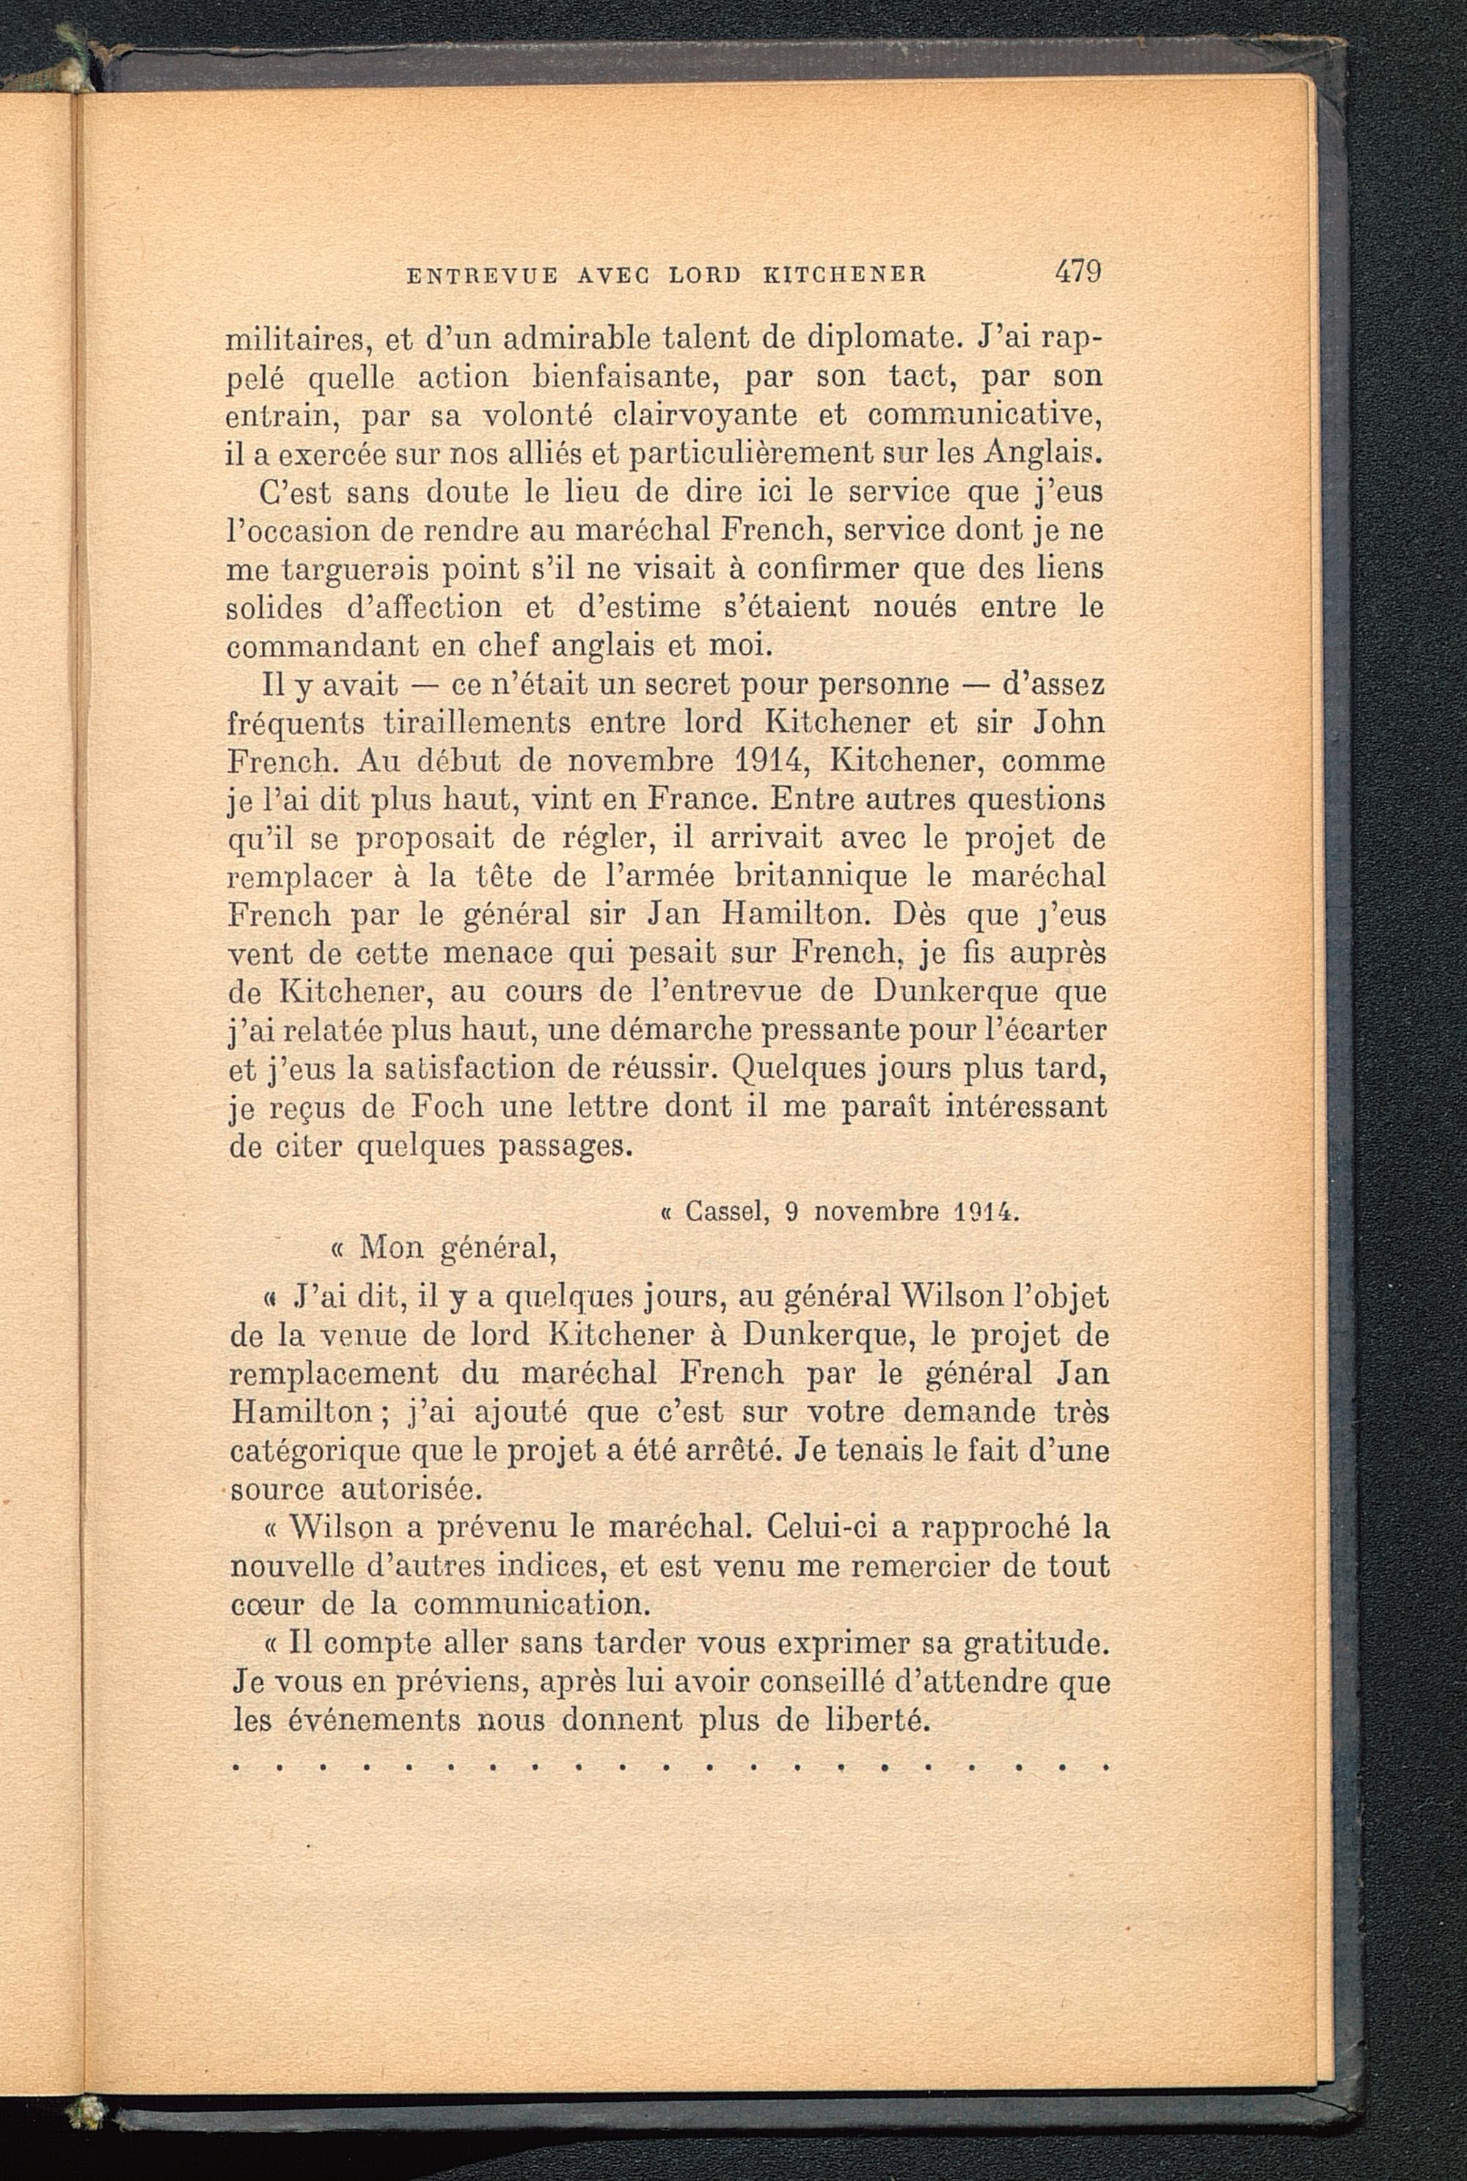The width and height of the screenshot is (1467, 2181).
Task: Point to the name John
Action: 1069,724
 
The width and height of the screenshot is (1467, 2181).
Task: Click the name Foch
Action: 447,1107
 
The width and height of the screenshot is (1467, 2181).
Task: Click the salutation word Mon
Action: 390,1247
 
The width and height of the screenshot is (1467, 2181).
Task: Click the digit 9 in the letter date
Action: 791,1213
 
